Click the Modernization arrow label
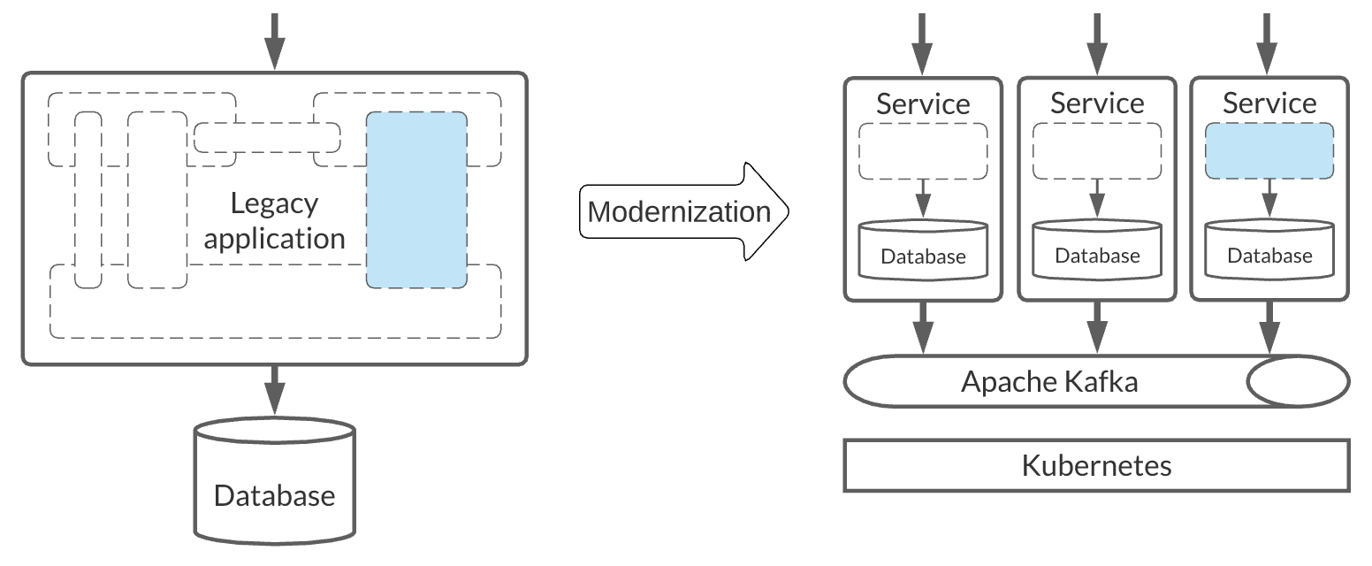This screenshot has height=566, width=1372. click(679, 212)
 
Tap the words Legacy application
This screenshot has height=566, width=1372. click(274, 221)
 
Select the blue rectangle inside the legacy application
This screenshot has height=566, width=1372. click(416, 199)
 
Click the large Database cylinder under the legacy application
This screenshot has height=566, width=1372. click(274, 482)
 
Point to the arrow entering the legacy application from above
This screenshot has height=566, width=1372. click(275, 40)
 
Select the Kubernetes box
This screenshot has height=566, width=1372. click(1096, 465)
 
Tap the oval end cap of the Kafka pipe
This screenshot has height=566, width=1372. click(1297, 381)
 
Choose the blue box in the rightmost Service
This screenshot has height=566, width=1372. click(1269, 151)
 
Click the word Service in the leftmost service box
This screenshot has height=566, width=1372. click(923, 104)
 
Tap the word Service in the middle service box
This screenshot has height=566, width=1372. click(1097, 103)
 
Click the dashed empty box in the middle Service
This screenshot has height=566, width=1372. click(1097, 151)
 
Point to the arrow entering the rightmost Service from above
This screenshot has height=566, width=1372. click(1269, 44)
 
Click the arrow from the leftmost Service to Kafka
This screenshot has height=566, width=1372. click(923, 327)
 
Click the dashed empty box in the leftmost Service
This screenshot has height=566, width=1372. click(923, 151)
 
